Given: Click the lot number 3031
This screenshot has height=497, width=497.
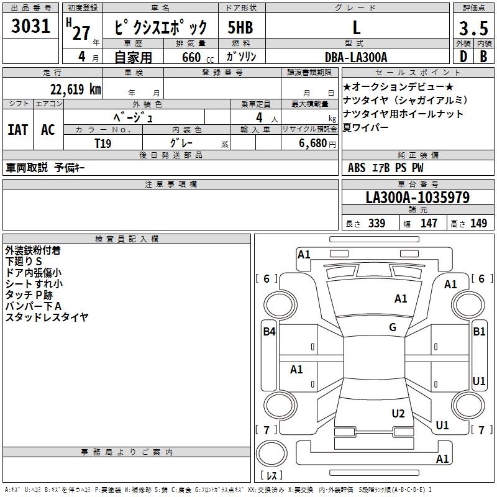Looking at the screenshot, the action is point(30,26).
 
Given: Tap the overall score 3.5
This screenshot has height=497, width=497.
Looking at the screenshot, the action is point(473,28).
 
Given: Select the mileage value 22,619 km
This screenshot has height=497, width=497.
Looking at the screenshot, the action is point(75,89).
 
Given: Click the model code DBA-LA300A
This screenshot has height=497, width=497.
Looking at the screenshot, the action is point(356,57).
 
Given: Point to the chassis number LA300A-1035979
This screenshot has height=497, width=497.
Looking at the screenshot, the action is point(417,198).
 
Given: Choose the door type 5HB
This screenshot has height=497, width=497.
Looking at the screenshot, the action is point(240,27).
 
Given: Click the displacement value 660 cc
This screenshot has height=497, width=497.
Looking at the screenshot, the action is point(198,57).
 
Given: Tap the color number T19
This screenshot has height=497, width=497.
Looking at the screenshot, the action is point(103,144).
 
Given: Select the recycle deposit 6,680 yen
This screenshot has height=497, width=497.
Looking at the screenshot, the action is point(317,144).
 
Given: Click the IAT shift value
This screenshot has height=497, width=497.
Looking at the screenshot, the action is point(18,130).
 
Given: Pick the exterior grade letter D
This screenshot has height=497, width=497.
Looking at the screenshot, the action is point(463,57).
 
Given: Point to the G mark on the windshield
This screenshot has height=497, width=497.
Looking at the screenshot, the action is point(393,327).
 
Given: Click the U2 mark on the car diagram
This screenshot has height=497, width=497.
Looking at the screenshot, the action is point(398,414).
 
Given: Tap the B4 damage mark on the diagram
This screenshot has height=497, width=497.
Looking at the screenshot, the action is point(270,332).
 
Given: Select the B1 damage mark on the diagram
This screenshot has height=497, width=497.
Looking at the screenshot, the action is point(479,332).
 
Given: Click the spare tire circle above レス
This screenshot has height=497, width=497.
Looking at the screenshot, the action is point(271,453).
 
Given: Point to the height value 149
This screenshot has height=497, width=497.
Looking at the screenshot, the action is point(478,223).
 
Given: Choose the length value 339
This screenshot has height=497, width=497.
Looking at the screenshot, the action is point(377,223).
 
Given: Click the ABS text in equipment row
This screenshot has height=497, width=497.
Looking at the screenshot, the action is point(357,168).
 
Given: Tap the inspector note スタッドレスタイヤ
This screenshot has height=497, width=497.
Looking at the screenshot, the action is point(47,317).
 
